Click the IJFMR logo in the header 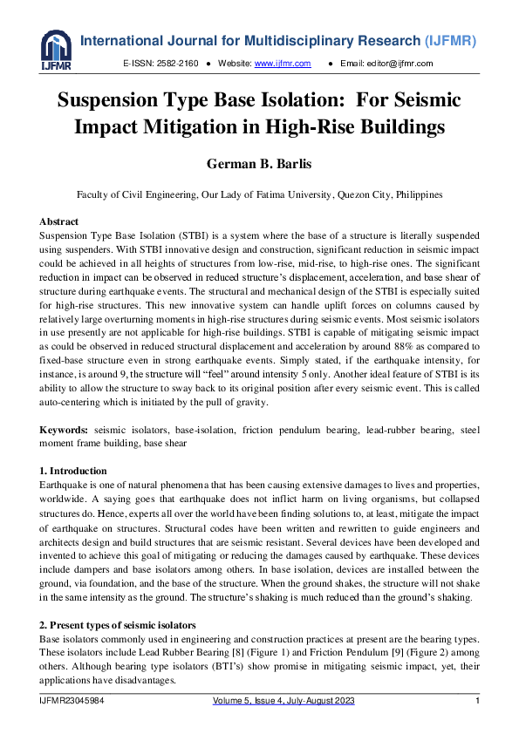click(x=56, y=50)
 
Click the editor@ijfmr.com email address click(x=418, y=64)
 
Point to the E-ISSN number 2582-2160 click(x=178, y=64)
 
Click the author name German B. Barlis click(x=259, y=165)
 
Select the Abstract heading click(x=59, y=222)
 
